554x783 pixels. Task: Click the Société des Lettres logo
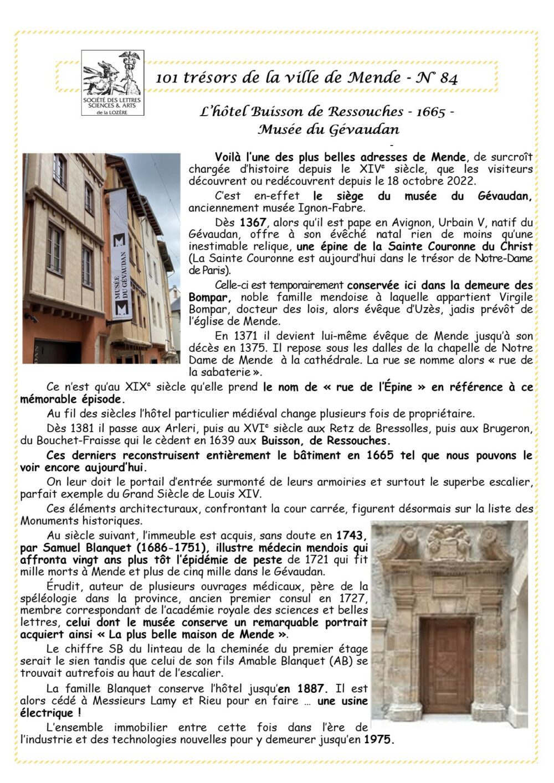112,82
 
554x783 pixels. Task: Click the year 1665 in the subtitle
430,112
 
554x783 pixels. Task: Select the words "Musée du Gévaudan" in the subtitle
328,130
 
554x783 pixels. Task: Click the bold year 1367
253,223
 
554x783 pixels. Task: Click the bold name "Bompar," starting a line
206,298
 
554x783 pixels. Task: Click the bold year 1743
351,536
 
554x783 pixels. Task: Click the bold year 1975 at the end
378,739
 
